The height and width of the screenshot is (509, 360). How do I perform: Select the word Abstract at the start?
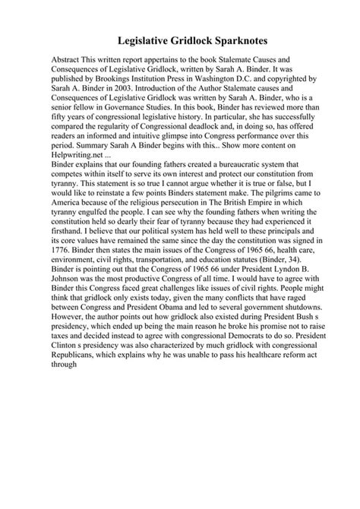pyautogui.click(x=68, y=59)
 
